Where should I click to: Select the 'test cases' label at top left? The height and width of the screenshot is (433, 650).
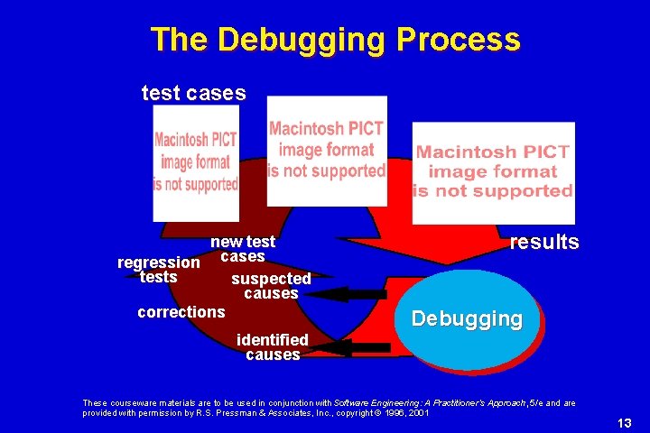click(193, 92)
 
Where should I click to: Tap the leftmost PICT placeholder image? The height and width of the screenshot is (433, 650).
click(196, 162)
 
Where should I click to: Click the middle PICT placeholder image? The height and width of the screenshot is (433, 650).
click(327, 150)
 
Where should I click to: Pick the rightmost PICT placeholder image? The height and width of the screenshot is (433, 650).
click(493, 171)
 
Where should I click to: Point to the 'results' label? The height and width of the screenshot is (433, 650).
click(544, 243)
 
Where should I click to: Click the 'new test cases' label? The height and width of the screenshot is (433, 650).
click(242, 249)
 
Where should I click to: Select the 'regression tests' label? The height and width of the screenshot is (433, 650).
click(159, 270)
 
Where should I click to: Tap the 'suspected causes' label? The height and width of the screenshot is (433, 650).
click(271, 286)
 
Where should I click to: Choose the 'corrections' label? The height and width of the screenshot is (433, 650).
click(181, 312)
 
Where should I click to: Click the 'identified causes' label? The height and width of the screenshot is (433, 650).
click(272, 347)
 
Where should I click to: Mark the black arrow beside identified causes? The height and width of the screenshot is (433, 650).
click(361, 347)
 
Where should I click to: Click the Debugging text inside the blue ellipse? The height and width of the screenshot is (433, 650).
click(466, 318)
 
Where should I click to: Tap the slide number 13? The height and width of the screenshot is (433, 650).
click(624, 423)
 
